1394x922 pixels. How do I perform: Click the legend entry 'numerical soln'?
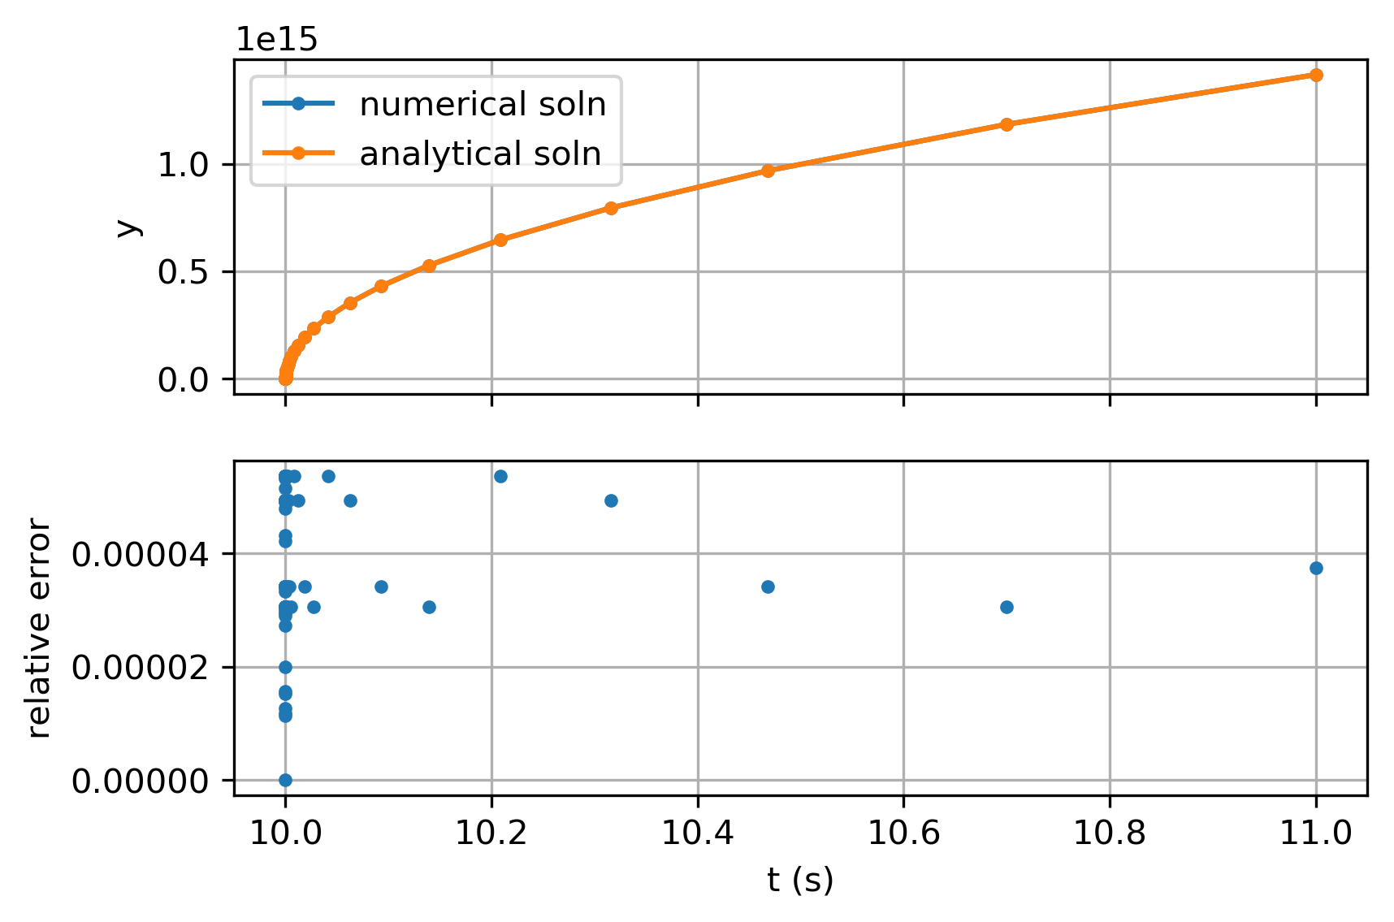[x=483, y=104]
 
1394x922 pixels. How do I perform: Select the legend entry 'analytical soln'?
[x=480, y=154]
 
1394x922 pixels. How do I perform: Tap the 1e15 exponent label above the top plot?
[x=276, y=39]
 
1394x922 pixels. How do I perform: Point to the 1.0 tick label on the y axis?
[x=183, y=166]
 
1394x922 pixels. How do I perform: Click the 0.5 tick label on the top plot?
[x=183, y=272]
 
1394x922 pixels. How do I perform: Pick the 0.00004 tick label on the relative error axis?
[x=141, y=555]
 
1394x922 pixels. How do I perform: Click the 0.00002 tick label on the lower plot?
[x=141, y=668]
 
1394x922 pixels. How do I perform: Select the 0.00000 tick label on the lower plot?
[x=141, y=781]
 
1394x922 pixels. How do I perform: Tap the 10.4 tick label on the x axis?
[x=697, y=833]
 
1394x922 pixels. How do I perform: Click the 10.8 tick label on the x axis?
[x=1110, y=833]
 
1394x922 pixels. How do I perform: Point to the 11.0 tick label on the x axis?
[x=1316, y=833]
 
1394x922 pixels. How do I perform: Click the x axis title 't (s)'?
[x=800, y=881]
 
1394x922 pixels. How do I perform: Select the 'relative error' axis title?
[x=39, y=629]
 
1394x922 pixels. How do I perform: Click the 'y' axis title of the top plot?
[x=127, y=227]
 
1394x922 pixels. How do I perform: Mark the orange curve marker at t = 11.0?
[x=1316, y=76]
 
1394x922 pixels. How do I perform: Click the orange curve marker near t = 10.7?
[x=1007, y=124]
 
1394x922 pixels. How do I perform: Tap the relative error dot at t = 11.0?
[x=1316, y=568]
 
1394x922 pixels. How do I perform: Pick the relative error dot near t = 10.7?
[x=1007, y=607]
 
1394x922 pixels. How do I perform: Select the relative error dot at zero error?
[x=285, y=780]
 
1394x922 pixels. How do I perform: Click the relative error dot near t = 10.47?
[x=768, y=587]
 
